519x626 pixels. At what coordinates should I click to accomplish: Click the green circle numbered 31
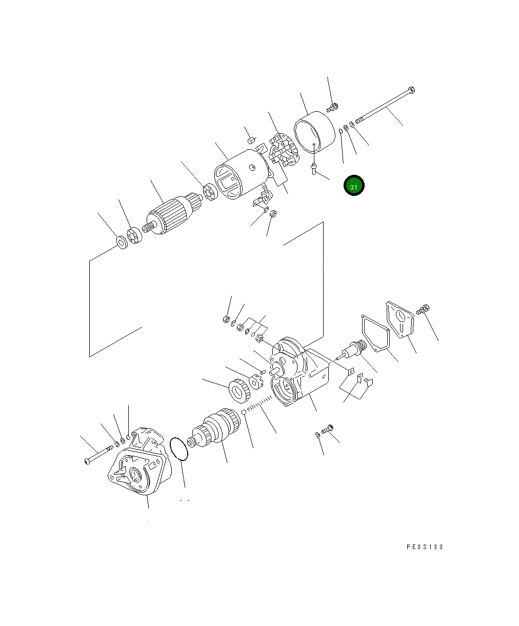coord(354,185)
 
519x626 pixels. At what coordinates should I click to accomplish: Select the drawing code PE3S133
coord(425,547)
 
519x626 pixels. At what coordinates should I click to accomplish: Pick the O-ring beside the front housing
coord(179,449)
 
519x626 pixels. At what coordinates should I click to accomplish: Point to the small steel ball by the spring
coord(244,412)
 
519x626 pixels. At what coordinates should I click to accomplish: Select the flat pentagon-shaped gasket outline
coord(375,333)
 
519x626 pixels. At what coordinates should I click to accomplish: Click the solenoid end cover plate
coord(400,319)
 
